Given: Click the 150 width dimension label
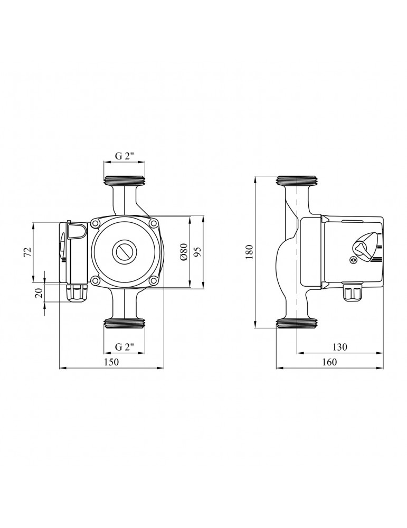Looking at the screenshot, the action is (x=111, y=362).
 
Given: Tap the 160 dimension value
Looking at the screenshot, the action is (x=329, y=362).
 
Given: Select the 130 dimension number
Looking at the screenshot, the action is (x=339, y=346).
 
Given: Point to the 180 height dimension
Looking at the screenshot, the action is (x=249, y=251).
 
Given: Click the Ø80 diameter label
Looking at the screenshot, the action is (x=184, y=251).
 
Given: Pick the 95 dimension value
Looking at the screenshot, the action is (x=197, y=251).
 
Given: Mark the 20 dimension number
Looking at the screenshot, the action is (x=40, y=293).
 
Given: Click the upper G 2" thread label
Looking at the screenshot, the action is (x=125, y=156).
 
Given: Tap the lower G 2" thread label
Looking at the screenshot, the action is (x=125, y=346).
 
